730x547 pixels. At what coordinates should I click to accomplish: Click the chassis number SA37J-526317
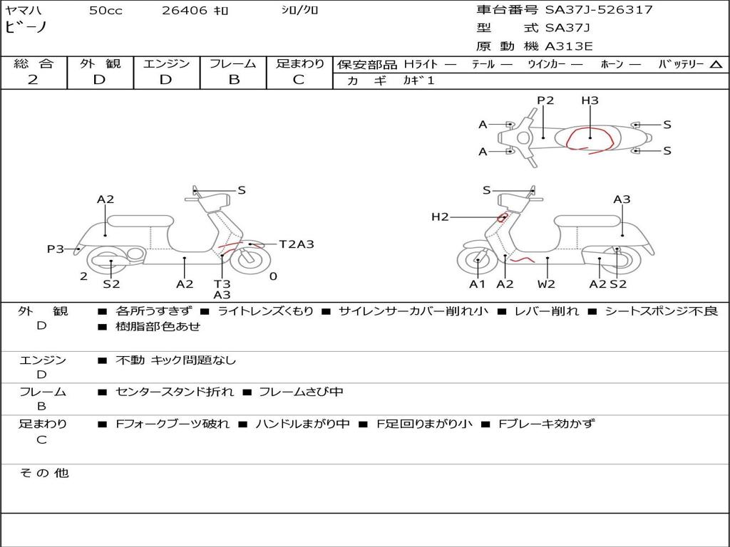point(599,10)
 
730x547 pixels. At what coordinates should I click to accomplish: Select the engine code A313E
point(569,47)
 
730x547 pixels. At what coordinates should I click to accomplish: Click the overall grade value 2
point(33,80)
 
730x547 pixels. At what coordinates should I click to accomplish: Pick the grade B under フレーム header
point(233,80)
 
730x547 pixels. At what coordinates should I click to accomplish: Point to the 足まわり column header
point(299,64)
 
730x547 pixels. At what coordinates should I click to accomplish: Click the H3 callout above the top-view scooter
point(590,100)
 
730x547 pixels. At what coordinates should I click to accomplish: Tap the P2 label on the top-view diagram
point(545,100)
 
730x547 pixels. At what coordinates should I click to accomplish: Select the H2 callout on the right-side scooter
point(440,217)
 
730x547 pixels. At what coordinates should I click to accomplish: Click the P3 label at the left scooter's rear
point(56,249)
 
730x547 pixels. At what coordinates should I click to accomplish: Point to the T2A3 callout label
point(297,244)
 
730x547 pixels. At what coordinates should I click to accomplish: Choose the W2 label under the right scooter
point(546,284)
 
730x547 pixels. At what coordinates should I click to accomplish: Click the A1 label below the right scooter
point(477,284)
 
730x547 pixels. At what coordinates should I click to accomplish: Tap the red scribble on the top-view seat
point(590,140)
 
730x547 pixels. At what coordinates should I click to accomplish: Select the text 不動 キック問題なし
point(175,360)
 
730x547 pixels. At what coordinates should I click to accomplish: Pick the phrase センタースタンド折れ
point(174,392)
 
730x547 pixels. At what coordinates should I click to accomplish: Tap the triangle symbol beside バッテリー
point(716,64)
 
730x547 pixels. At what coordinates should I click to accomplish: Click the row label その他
point(43,473)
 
